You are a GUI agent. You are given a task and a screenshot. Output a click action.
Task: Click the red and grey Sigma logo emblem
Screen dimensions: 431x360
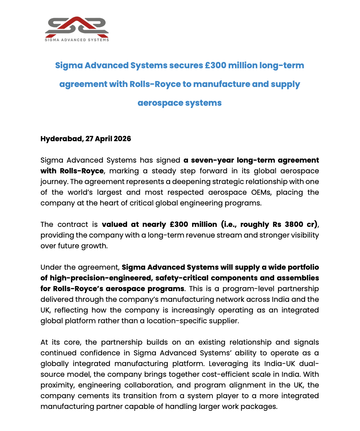(77, 26)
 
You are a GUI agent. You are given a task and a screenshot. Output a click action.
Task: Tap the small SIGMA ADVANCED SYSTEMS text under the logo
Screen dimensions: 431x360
(77, 40)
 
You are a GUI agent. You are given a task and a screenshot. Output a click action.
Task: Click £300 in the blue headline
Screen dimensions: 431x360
(215, 65)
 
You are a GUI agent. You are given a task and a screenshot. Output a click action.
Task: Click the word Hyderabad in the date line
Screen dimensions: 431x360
(61, 139)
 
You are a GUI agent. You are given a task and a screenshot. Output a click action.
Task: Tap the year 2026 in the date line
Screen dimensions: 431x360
(122, 139)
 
